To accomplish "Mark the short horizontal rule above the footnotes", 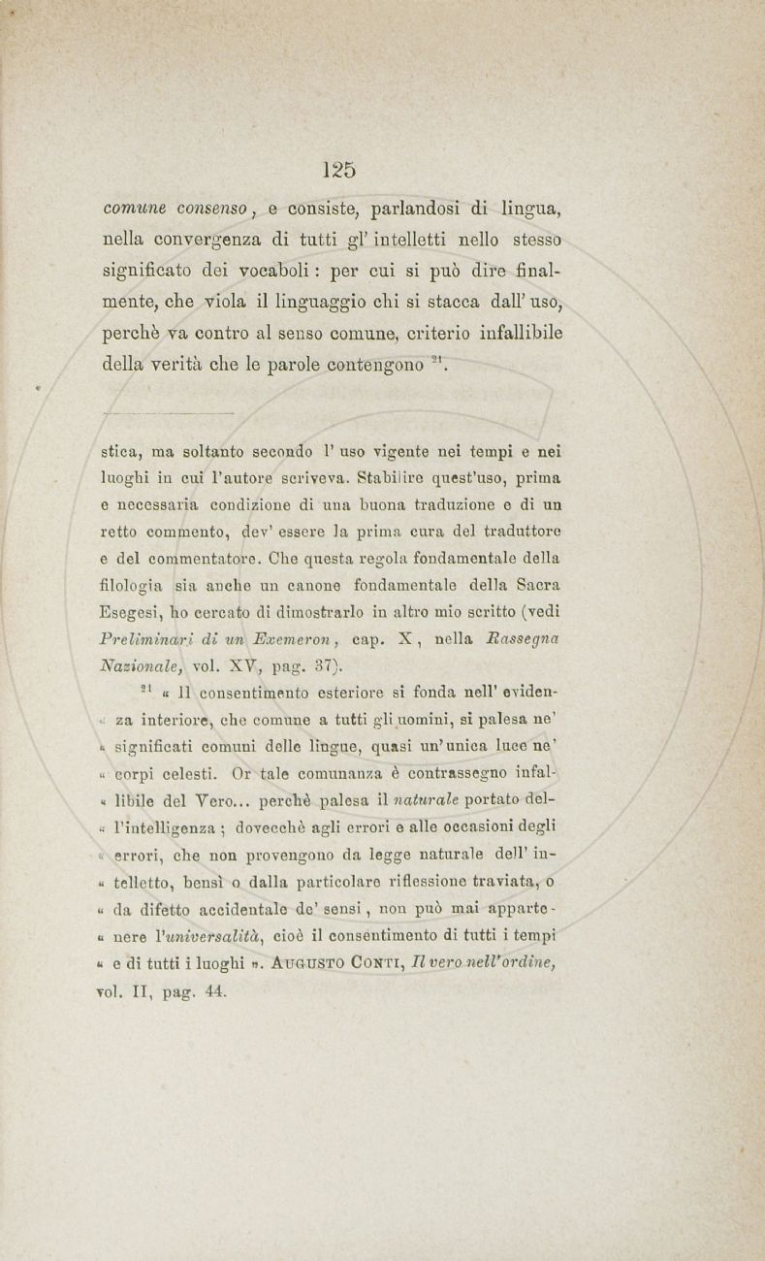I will pos(162,412).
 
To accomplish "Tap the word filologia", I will pos(131,586).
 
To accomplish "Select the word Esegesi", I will pos(131,613).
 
